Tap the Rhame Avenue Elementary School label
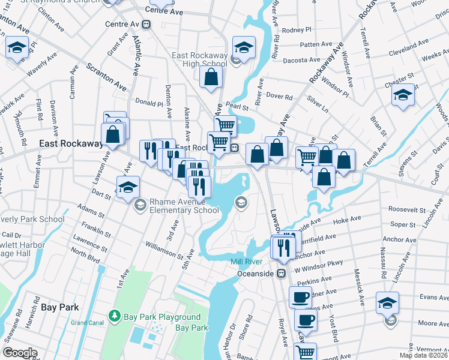click(184, 206)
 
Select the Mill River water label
click(247, 262)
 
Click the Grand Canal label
click(87, 323)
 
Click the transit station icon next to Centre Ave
click(146, 25)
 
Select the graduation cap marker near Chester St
click(403, 95)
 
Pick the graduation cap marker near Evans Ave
click(387, 302)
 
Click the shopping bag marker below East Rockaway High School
click(211, 77)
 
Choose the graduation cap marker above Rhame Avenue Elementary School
click(128, 188)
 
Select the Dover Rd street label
click(279, 95)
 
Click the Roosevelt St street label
click(406, 210)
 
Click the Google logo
click(19, 353)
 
